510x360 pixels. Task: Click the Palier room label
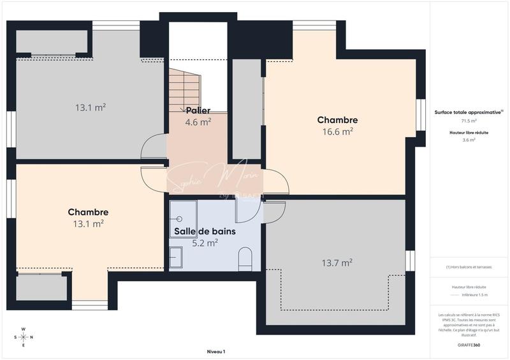pyautogui.click(x=198, y=111)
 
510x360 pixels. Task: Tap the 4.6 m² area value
pyautogui.click(x=198, y=122)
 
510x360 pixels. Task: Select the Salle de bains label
pyautogui.click(x=205, y=231)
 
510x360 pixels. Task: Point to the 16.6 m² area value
pyautogui.click(x=337, y=131)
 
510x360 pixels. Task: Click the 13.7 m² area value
pyautogui.click(x=337, y=262)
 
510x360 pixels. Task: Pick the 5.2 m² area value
pyautogui.click(x=205, y=242)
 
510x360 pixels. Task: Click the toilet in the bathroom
pyautogui.click(x=245, y=259)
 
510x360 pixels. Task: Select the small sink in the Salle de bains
pyautogui.click(x=175, y=257)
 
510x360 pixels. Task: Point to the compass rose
pyautogui.click(x=24, y=337)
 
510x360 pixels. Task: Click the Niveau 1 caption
pyautogui.click(x=216, y=352)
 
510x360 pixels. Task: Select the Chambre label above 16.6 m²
pyautogui.click(x=337, y=120)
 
